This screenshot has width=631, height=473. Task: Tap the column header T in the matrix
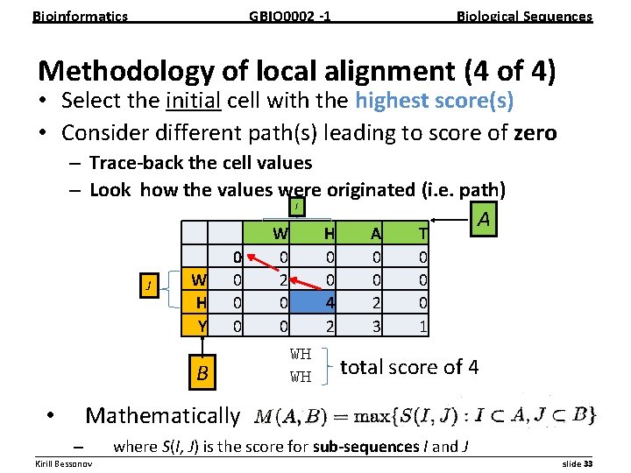(423, 233)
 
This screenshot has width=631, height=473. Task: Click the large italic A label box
(483, 220)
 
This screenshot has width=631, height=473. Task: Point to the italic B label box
(202, 374)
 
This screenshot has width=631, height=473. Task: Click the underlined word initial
(192, 102)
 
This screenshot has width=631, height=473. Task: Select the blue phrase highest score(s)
(434, 102)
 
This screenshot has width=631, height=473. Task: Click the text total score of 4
(408, 367)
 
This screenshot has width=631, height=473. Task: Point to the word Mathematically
(162, 415)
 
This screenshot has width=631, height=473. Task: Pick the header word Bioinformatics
(80, 16)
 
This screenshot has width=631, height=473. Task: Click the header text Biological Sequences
(525, 16)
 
